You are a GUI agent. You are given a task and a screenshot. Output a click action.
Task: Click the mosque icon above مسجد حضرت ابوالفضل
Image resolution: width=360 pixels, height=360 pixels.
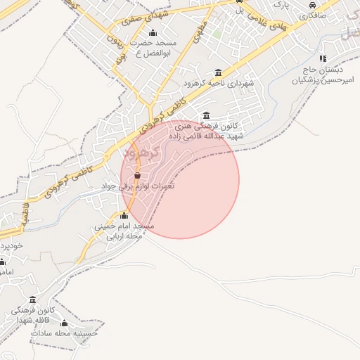tap(153, 33)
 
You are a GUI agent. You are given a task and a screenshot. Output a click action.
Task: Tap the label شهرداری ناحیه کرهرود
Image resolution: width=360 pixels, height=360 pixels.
tap(222, 84)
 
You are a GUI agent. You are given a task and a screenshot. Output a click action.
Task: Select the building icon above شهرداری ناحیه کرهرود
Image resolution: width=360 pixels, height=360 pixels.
tap(219, 72)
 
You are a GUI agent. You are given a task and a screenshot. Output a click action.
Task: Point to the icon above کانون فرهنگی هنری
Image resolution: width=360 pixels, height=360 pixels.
tap(206, 116)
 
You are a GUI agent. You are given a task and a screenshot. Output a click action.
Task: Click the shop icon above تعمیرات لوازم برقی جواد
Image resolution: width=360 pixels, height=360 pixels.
tap(137, 175)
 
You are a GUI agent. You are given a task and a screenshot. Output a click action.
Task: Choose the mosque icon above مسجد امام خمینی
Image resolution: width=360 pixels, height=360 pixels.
tap(124, 215)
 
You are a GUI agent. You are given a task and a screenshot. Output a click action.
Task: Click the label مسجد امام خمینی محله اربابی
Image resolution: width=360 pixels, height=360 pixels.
tap(124, 231)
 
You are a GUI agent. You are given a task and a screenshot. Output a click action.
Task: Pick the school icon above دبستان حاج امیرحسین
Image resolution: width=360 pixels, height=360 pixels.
tap(322, 58)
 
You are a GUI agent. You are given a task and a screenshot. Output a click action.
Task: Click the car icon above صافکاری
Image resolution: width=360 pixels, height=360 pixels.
tap(312, 5)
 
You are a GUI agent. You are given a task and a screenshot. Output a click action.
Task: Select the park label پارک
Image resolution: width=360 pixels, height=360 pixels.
tap(281, 5)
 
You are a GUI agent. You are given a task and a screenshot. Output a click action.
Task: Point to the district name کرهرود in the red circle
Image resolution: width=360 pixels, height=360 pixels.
tap(141, 152)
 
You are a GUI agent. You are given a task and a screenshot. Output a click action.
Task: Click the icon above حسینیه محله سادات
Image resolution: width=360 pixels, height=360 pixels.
tap(65, 323)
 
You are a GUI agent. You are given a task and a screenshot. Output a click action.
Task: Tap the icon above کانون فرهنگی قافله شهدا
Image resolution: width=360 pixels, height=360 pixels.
tap(32, 298)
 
